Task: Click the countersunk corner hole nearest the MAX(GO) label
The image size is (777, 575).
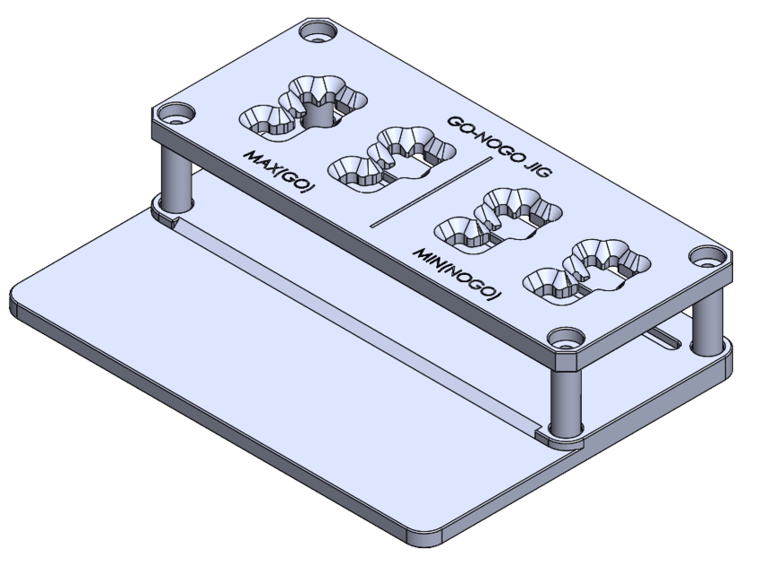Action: (x=174, y=115)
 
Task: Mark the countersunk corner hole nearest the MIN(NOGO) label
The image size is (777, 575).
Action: (x=566, y=341)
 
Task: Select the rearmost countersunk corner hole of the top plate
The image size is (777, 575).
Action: (x=317, y=35)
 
